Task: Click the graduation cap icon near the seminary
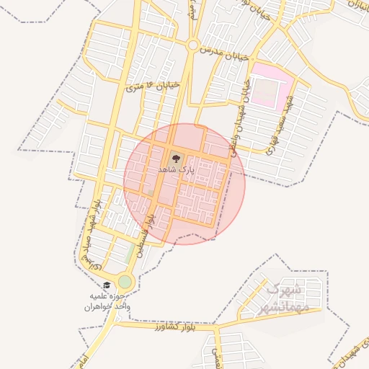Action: coord(107,285)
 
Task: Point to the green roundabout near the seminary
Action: coord(125,281)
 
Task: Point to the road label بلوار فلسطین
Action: coord(151,225)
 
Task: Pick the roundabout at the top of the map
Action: coord(192,45)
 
